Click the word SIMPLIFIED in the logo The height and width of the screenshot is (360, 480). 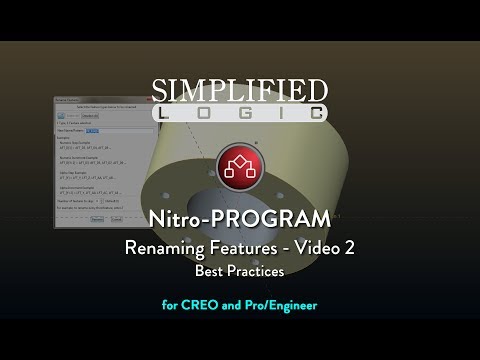[239, 91]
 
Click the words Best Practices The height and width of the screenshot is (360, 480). [239, 270]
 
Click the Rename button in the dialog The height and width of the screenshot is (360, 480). [98, 217]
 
